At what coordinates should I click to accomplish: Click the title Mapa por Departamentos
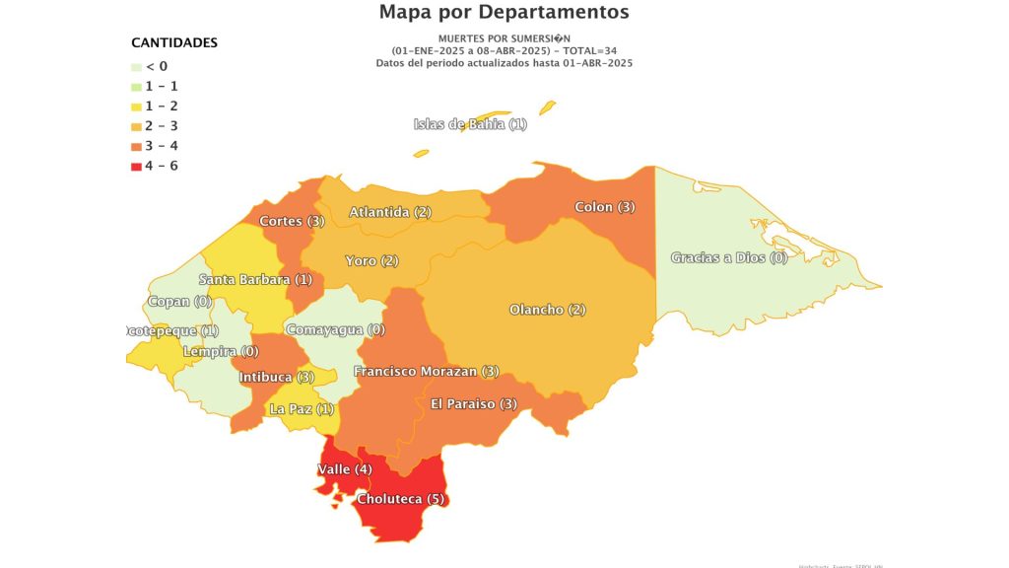pyautogui.click(x=504, y=13)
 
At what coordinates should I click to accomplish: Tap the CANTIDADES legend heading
pyautogui.click(x=174, y=43)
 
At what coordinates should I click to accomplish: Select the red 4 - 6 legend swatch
pyautogui.click(x=137, y=167)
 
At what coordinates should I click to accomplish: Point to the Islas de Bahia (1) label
pyautogui.click(x=470, y=124)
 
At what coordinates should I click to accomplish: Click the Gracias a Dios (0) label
pyautogui.click(x=729, y=258)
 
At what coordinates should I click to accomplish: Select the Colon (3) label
pyautogui.click(x=605, y=207)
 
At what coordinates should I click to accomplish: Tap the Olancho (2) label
pyautogui.click(x=547, y=310)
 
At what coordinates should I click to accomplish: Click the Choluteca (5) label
pyautogui.click(x=402, y=499)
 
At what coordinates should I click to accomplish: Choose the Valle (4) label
pyautogui.click(x=345, y=469)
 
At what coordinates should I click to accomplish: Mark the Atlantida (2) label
pyautogui.click(x=390, y=212)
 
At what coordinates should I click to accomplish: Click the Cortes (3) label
pyautogui.click(x=292, y=221)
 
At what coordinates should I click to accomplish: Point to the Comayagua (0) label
pyautogui.click(x=335, y=329)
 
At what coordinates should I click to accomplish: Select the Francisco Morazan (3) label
pyautogui.click(x=426, y=372)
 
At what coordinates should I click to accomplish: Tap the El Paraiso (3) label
pyautogui.click(x=474, y=404)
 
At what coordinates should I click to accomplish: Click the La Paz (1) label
pyautogui.click(x=302, y=409)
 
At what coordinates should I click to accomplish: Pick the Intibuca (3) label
pyautogui.click(x=277, y=378)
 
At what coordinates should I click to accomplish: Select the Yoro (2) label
pyautogui.click(x=371, y=261)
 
